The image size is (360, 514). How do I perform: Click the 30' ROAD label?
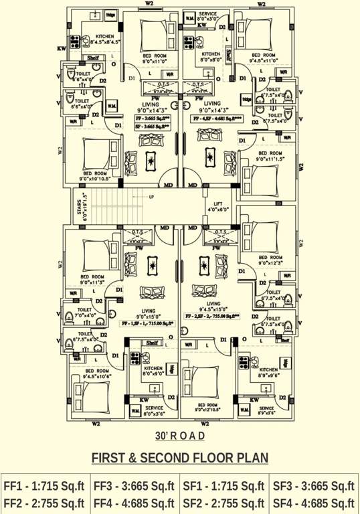(x=179, y=436)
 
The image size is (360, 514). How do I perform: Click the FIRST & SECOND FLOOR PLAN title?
(x=179, y=458)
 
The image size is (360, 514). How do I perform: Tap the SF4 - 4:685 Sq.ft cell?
(x=313, y=503)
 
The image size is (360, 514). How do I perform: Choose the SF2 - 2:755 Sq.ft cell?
(x=223, y=503)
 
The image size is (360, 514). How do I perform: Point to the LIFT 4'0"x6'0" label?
(x=217, y=206)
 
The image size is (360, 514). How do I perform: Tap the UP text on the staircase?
(x=151, y=197)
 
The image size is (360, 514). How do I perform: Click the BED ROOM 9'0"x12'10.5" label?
(x=207, y=407)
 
